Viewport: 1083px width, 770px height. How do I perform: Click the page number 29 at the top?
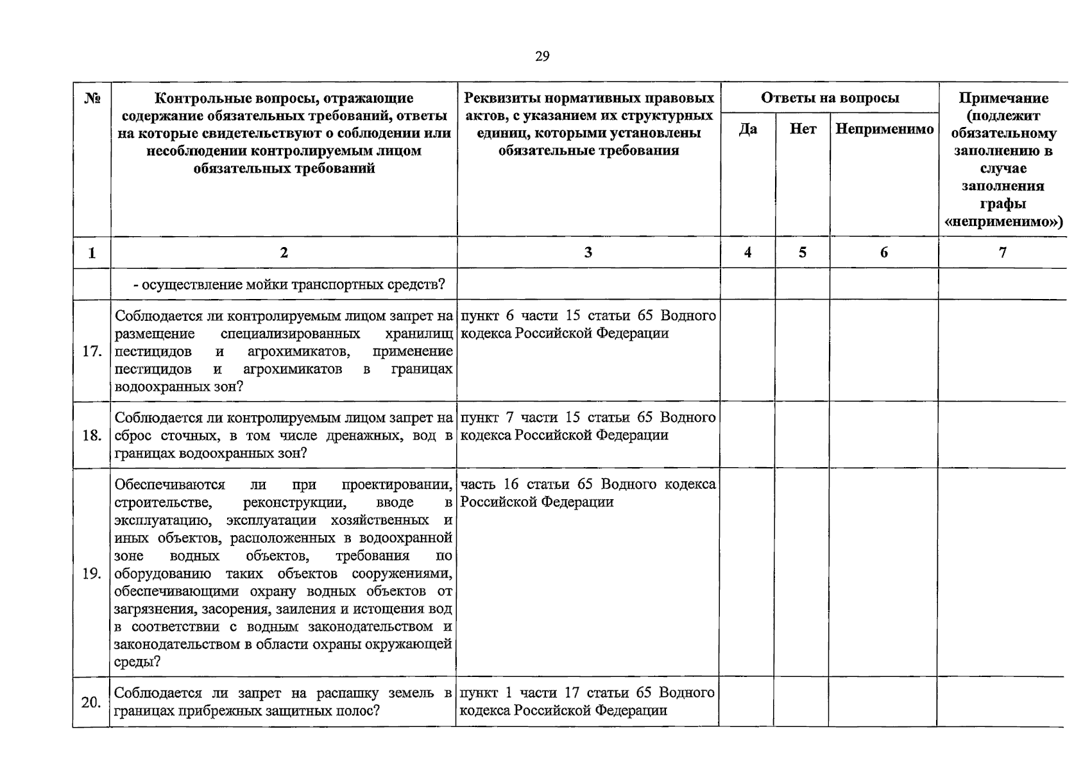pyautogui.click(x=542, y=56)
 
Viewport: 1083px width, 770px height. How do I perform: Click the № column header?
pyautogui.click(x=92, y=99)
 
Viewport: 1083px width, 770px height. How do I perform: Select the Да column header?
pyautogui.click(x=748, y=129)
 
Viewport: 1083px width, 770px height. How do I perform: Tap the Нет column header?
pyautogui.click(x=803, y=129)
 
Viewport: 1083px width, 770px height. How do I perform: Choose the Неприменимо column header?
pyautogui.click(x=884, y=129)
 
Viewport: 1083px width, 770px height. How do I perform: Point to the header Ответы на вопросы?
pyautogui.click(x=830, y=98)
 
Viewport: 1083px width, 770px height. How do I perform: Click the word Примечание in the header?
pyautogui.click(x=1003, y=98)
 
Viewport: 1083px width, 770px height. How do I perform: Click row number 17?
pyautogui.click(x=92, y=352)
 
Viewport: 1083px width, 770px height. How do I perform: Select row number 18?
pyautogui.click(x=92, y=436)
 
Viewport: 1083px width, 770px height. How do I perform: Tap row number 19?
pyautogui.click(x=92, y=574)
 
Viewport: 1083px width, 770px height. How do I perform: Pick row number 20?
pyautogui.click(x=92, y=703)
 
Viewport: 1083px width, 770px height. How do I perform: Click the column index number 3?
pyautogui.click(x=588, y=252)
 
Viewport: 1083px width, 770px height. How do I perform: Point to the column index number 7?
pyautogui.click(x=1003, y=252)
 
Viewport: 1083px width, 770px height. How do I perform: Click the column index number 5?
pyautogui.click(x=803, y=252)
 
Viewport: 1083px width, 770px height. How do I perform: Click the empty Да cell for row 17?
pyautogui.click(x=748, y=352)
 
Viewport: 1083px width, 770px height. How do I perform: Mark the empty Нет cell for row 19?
pyautogui.click(x=803, y=574)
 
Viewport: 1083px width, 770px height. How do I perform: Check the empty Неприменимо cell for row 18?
pyautogui.click(x=884, y=436)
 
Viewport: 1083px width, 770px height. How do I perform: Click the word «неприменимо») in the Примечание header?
pyautogui.click(x=1003, y=222)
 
